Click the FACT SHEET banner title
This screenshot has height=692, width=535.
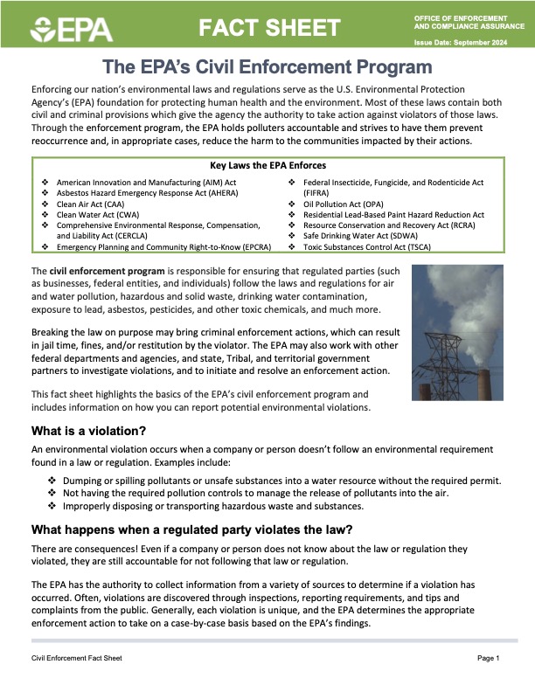267,28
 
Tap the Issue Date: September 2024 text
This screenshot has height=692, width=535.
460,43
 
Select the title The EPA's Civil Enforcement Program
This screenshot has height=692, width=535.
267,66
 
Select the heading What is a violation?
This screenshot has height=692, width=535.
88,431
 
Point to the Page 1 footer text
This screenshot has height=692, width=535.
488,657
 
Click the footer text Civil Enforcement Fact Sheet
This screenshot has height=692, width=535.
77,657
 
